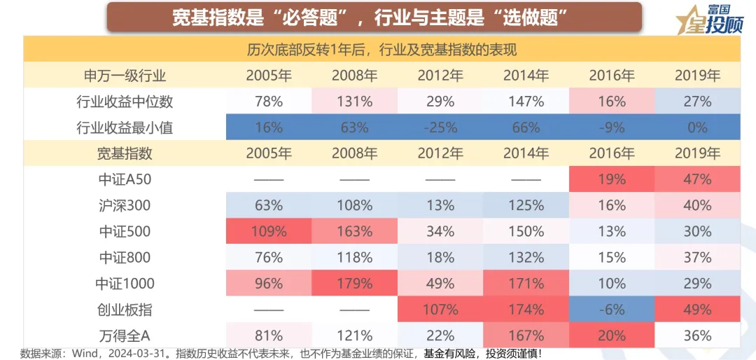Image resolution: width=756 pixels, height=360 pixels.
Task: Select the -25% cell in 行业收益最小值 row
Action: click(440, 127)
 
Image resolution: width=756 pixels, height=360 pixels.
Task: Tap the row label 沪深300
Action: click(125, 206)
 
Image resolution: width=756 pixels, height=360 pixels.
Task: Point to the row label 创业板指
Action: click(125, 310)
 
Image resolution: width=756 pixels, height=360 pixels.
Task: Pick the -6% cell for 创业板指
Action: click(612, 310)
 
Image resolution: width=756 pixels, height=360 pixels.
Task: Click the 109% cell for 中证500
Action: click(268, 232)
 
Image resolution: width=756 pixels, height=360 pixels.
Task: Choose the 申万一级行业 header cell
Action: click(125, 76)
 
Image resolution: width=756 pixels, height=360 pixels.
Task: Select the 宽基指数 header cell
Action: click(125, 153)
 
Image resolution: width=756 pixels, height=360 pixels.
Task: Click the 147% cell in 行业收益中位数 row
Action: click(526, 102)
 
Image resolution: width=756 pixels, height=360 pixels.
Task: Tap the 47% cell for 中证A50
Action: click(697, 179)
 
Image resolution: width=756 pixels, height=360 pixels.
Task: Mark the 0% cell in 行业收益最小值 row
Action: click(697, 127)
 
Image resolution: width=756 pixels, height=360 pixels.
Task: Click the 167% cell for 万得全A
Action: click(526, 335)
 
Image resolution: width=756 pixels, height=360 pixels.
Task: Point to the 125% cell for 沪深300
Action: click(526, 206)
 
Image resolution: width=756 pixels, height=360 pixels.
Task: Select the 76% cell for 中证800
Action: click(268, 258)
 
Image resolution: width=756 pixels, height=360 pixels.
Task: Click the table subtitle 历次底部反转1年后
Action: click(381, 50)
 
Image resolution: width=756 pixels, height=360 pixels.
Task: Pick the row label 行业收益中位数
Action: click(125, 102)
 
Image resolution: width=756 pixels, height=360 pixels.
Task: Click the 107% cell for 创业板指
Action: click(440, 310)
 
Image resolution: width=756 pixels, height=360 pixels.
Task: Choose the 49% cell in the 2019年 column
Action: click(697, 310)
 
